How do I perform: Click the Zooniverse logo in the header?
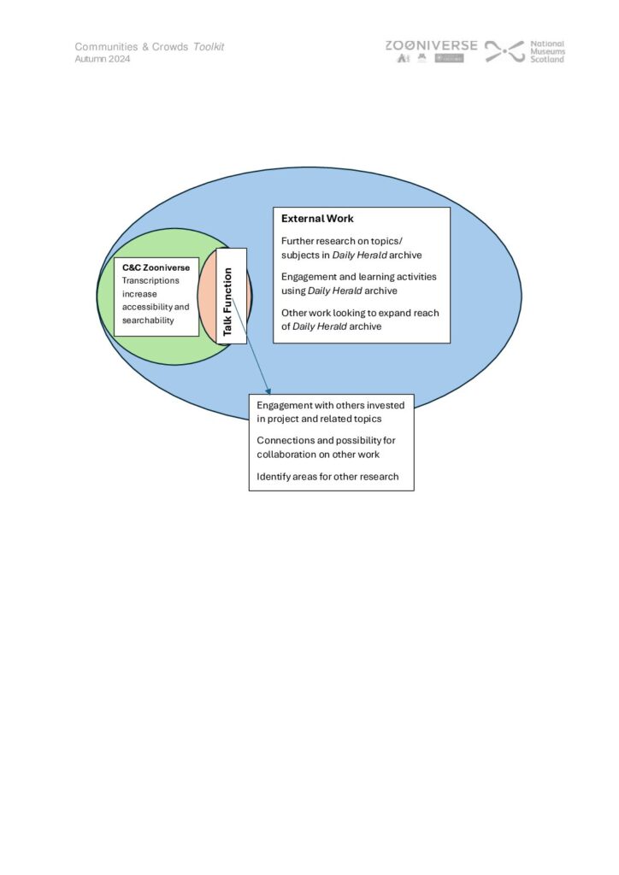point(431,45)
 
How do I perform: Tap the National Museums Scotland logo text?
point(547,51)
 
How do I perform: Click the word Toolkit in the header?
point(209,47)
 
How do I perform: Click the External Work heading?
point(317,219)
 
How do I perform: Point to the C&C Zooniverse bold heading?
point(156,267)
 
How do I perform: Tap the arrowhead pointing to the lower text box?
point(268,391)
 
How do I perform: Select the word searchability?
point(148,320)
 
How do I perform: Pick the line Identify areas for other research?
point(327,476)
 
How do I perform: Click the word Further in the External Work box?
point(298,241)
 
